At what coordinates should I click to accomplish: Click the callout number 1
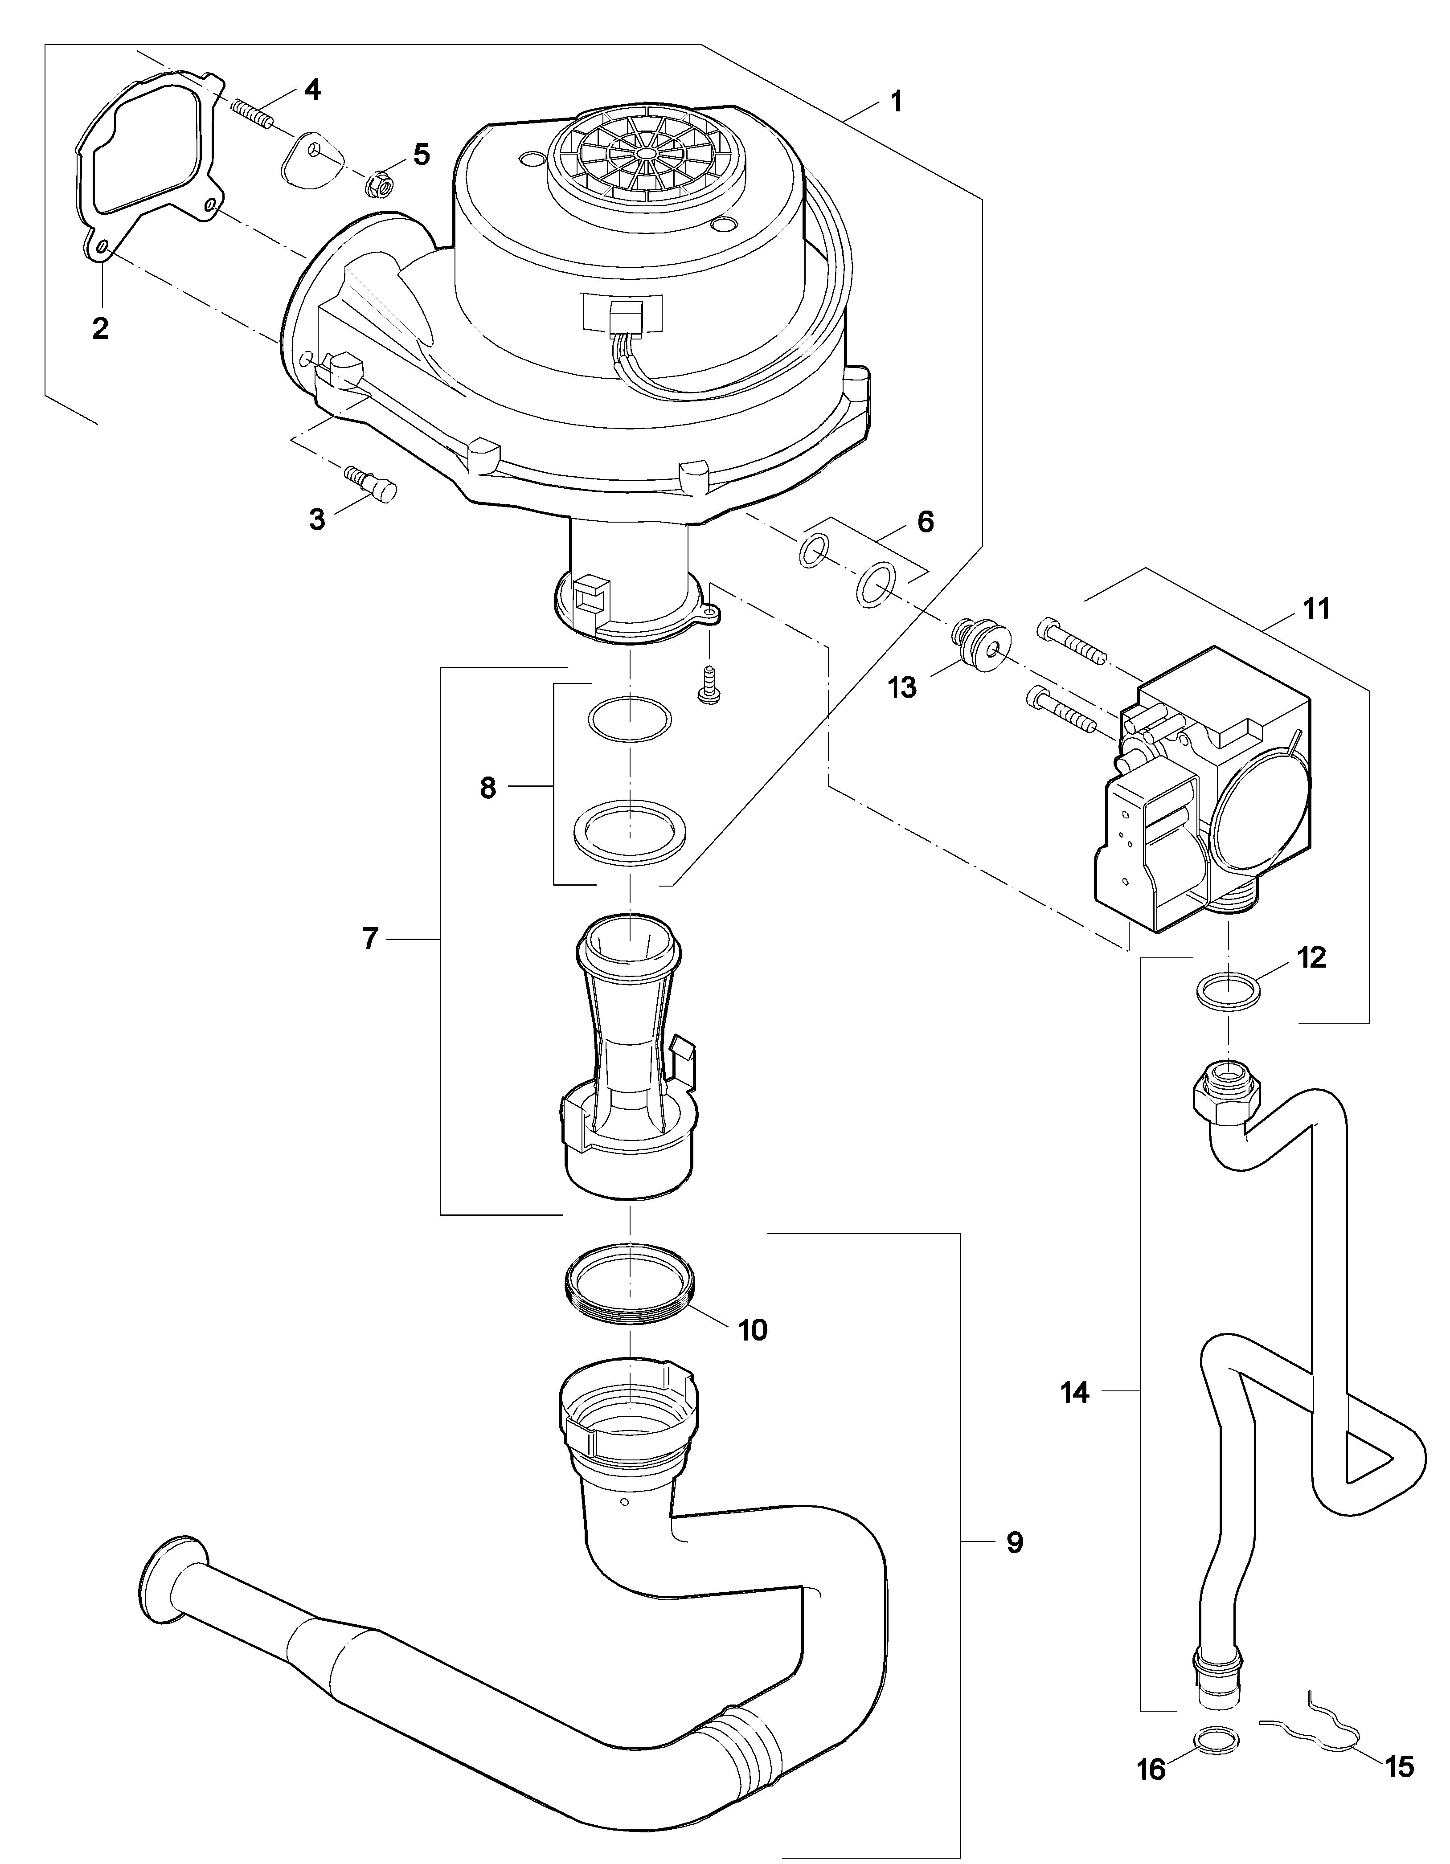click(895, 102)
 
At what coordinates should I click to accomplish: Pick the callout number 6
click(925, 522)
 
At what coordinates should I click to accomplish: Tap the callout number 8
click(487, 788)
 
